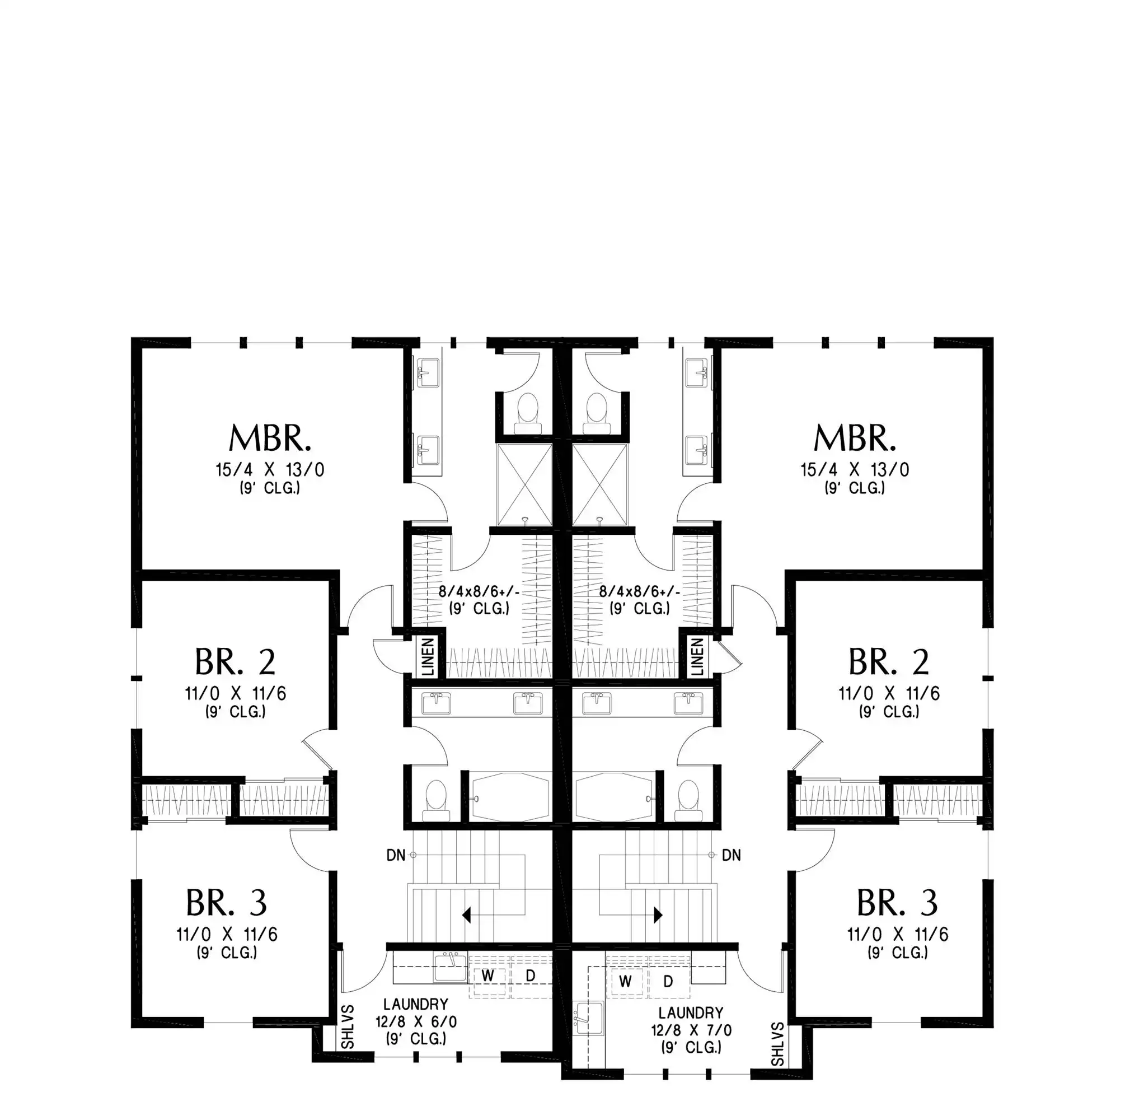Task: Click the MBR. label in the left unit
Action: tap(270, 438)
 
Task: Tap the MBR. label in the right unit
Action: tap(855, 438)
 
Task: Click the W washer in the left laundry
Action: tap(487, 976)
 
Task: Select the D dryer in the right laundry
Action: tap(668, 981)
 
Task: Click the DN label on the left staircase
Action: tap(396, 855)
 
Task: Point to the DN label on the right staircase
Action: tap(732, 855)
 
